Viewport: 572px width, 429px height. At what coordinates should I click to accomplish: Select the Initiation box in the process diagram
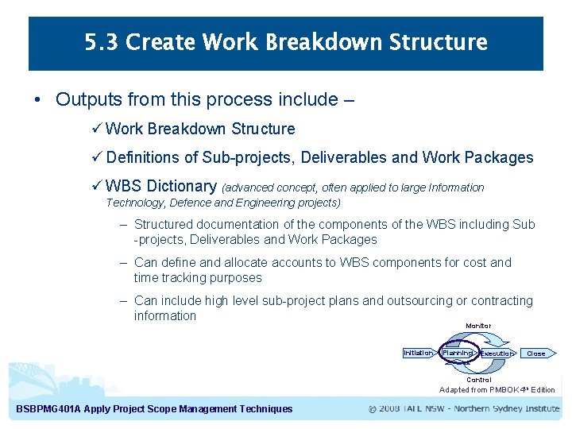[x=418, y=353]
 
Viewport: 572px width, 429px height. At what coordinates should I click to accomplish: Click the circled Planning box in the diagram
[x=458, y=353]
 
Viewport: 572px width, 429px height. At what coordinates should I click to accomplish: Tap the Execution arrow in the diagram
[x=497, y=354]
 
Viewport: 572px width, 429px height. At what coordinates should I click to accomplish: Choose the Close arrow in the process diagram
[x=538, y=354]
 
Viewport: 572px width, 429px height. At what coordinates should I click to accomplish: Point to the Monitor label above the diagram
[x=478, y=326]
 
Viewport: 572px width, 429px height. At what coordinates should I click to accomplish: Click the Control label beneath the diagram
[x=478, y=380]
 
